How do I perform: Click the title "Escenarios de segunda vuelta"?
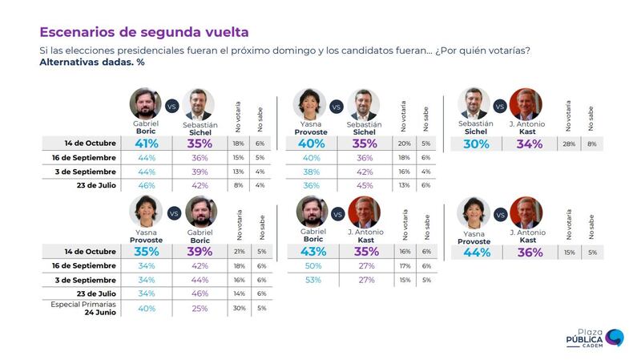point(143,32)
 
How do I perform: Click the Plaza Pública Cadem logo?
point(596,338)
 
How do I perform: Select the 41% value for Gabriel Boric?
point(146,144)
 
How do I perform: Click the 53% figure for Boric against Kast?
point(312,280)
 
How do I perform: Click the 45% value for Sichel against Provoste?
point(365,184)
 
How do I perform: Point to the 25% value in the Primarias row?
point(200,309)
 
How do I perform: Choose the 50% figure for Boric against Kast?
point(312,265)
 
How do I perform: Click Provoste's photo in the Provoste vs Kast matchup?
point(474,212)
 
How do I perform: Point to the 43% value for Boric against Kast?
point(312,251)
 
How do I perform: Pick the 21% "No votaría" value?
point(239,251)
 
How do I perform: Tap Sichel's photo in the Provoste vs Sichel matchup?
point(364,104)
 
